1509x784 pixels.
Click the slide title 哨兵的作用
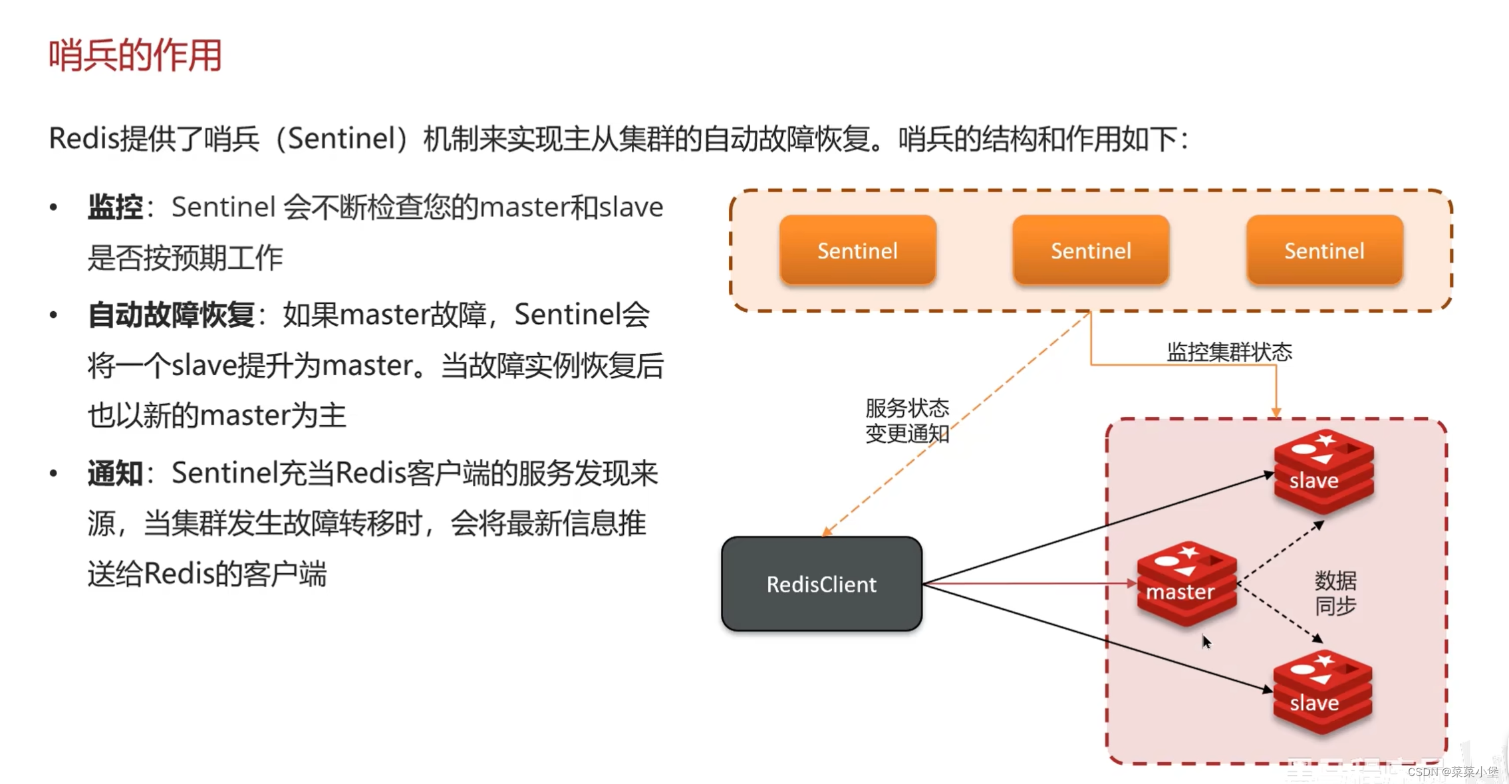tap(135, 55)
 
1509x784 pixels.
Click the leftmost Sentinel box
tap(857, 251)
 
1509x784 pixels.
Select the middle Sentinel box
tap(1091, 251)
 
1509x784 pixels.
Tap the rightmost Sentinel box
tap(1324, 251)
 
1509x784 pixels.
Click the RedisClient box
tap(821, 584)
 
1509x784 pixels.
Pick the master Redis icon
tap(1186, 583)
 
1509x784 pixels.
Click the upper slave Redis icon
tap(1323, 471)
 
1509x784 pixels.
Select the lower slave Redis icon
tap(1322, 693)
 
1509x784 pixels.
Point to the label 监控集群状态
tap(1229, 352)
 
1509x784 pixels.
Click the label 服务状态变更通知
tap(906, 421)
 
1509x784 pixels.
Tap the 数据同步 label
tap(1335, 593)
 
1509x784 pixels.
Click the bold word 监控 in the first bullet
tap(115, 207)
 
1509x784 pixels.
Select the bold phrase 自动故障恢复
tap(172, 315)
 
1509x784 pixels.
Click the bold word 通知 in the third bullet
tap(115, 473)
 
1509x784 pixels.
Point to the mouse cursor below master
tap(1206, 642)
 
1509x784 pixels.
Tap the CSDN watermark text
tap(1452, 771)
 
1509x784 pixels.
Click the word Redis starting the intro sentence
tap(83, 139)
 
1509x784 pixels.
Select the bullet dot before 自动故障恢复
tap(54, 315)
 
